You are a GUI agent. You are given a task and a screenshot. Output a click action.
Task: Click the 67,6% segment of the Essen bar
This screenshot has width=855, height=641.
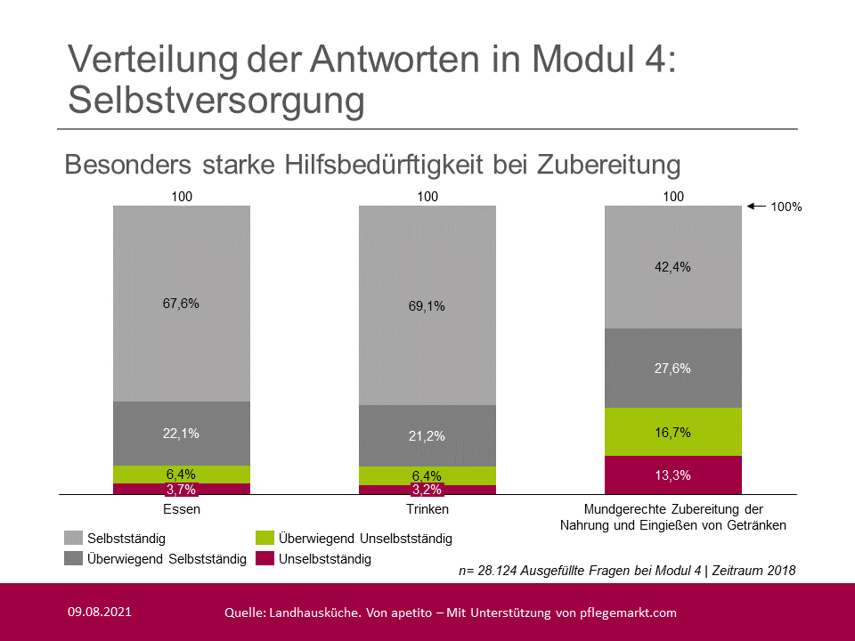tap(182, 304)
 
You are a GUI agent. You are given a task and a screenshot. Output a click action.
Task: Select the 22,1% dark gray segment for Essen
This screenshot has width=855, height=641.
tap(182, 434)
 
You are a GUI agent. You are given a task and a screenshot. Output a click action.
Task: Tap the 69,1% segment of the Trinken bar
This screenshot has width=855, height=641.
tap(427, 305)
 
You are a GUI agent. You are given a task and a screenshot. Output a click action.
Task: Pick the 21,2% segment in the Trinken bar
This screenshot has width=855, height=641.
tap(427, 436)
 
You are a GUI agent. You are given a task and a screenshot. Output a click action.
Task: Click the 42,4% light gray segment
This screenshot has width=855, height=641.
tap(673, 267)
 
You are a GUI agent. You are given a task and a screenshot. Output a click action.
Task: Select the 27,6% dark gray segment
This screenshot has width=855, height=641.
tap(673, 368)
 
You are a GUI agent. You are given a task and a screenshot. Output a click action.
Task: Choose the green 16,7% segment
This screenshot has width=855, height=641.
tap(673, 432)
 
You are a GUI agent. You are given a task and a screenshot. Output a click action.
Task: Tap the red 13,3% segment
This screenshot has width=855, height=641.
tap(673, 475)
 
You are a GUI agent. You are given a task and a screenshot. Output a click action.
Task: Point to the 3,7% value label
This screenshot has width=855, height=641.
tap(182, 489)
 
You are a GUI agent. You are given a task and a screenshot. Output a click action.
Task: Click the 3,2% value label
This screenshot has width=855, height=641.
tap(427, 490)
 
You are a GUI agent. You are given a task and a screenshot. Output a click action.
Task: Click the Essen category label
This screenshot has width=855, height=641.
tap(182, 510)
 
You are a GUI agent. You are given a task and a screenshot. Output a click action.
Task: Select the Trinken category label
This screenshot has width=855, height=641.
tap(427, 510)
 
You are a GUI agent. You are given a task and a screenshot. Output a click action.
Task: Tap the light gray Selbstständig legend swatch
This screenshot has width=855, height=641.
tap(74, 539)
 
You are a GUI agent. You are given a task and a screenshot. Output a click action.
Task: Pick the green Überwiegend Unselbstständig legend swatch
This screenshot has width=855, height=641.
tap(265, 539)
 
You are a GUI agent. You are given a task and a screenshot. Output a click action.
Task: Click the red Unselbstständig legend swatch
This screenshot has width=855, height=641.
tap(265, 559)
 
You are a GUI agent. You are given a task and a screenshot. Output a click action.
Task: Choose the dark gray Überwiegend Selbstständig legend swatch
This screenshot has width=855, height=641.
tap(74, 559)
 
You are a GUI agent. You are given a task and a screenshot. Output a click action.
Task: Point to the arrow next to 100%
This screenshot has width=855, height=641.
tap(756, 207)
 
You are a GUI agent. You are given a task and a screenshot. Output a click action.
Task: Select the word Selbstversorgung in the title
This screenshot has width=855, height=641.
tap(216, 101)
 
